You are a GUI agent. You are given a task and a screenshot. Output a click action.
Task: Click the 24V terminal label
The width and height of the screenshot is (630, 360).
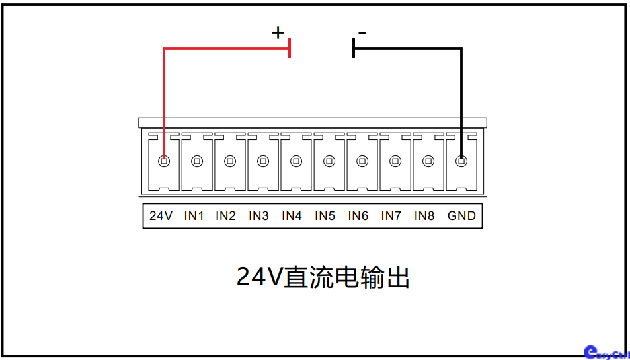click(161, 216)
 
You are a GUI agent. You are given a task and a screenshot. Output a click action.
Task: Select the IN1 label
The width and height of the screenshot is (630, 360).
click(194, 216)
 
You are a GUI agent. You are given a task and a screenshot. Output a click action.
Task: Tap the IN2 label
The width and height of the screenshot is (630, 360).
click(226, 216)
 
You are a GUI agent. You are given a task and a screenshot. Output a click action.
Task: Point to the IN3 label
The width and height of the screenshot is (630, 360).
click(259, 216)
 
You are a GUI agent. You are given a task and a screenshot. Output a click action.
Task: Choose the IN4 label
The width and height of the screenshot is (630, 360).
click(292, 216)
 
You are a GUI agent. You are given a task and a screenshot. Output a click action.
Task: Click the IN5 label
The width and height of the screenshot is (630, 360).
click(325, 216)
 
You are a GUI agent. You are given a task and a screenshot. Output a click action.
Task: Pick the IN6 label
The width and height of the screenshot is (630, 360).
click(358, 216)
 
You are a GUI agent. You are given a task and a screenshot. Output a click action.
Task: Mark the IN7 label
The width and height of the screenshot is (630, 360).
click(391, 216)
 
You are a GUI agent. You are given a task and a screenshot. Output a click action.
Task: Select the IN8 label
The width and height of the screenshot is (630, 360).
click(424, 216)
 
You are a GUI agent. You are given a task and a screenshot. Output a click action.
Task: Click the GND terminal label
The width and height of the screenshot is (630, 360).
click(461, 216)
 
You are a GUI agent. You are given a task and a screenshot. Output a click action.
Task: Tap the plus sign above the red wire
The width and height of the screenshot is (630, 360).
click(278, 32)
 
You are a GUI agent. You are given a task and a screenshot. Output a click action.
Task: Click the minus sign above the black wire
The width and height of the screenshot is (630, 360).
click(362, 32)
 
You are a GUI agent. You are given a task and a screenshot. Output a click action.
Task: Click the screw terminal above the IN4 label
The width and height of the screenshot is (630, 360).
click(296, 161)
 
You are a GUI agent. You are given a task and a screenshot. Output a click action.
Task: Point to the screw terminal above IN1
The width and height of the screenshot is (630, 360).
click(197, 161)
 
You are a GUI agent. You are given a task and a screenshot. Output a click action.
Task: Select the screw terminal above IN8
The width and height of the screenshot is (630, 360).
click(428, 161)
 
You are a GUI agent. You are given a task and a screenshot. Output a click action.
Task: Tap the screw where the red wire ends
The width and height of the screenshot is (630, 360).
click(164, 161)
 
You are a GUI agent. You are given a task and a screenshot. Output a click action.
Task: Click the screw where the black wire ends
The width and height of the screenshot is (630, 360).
click(461, 161)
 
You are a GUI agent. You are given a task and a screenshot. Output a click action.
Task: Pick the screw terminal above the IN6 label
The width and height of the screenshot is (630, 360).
click(362, 161)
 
